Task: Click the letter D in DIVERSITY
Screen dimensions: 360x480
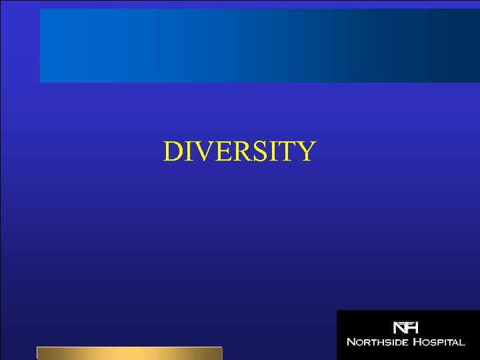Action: [173, 152]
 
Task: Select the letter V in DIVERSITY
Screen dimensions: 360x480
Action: [203, 152]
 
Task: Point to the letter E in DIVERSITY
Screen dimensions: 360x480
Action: [221, 152]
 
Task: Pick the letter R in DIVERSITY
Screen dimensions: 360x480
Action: [237, 152]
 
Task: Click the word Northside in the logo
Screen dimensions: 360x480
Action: [376, 342]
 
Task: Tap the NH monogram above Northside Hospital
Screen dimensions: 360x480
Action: [405, 328]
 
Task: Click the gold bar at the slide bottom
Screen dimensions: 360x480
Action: [129, 353]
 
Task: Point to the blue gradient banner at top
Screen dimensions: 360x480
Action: [260, 45]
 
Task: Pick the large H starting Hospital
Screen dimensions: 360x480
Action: [414, 342]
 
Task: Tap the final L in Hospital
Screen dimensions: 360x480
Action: [462, 343]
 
